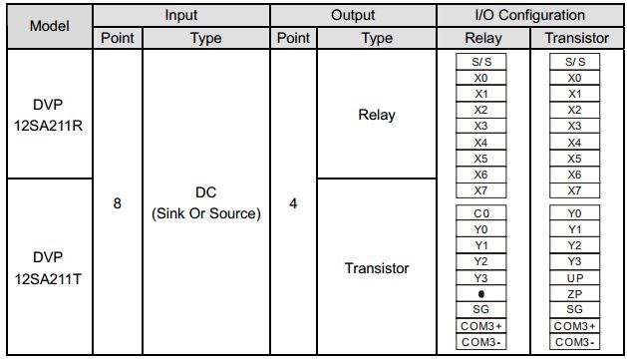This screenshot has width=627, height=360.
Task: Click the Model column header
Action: coord(48,26)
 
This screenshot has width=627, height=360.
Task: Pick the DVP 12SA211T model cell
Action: coord(48,266)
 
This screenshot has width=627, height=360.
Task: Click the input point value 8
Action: coord(118,202)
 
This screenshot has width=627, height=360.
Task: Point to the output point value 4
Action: coord(294,202)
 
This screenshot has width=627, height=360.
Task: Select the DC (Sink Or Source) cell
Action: coord(205,202)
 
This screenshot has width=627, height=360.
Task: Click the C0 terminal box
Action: coord(481,213)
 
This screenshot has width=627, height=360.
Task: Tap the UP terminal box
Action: coord(575,277)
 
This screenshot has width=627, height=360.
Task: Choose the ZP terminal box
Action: coord(575,293)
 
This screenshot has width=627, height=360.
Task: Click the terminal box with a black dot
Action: coord(481,293)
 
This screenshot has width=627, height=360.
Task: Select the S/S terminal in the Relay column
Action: coord(481,61)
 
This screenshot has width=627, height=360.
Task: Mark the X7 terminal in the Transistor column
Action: coord(575,189)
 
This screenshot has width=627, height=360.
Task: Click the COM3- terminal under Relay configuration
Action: coord(481,342)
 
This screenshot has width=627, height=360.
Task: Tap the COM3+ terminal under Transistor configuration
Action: coord(575,326)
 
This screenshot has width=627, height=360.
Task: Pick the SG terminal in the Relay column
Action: coord(481,309)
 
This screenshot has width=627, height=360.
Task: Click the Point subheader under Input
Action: coord(118,38)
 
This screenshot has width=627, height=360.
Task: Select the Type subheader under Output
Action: coord(377,38)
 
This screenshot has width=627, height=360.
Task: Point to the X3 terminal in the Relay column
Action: coord(481,126)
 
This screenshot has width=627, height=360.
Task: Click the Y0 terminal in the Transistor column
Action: coord(575,213)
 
